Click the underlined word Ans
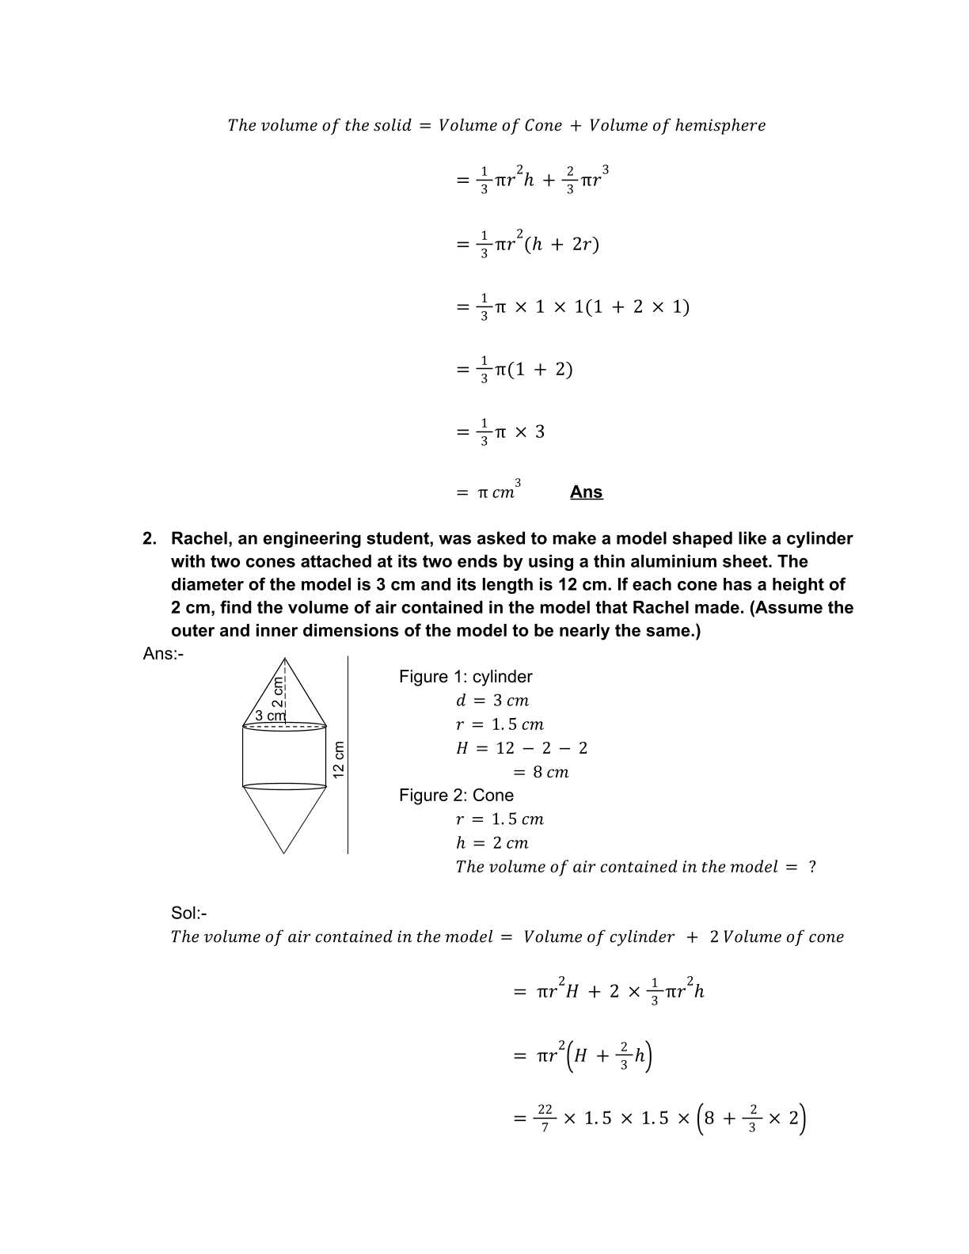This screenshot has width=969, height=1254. (586, 492)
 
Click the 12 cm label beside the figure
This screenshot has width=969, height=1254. (338, 759)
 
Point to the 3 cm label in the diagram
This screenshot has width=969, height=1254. (270, 716)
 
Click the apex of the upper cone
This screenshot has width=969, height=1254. (284, 658)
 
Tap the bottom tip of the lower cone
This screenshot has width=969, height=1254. (284, 853)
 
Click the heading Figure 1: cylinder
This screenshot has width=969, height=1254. (465, 677)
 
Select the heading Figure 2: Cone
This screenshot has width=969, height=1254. (456, 796)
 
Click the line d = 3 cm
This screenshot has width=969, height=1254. (492, 701)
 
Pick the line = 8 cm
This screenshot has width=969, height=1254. (541, 772)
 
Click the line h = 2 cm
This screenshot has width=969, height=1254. (492, 843)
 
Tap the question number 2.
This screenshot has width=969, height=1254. (149, 539)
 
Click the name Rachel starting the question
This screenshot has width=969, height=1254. (197, 539)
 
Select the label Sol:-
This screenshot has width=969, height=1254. (189, 914)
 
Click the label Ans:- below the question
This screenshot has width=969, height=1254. (163, 654)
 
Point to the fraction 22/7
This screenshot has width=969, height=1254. (545, 1119)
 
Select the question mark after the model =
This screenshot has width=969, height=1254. (811, 867)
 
